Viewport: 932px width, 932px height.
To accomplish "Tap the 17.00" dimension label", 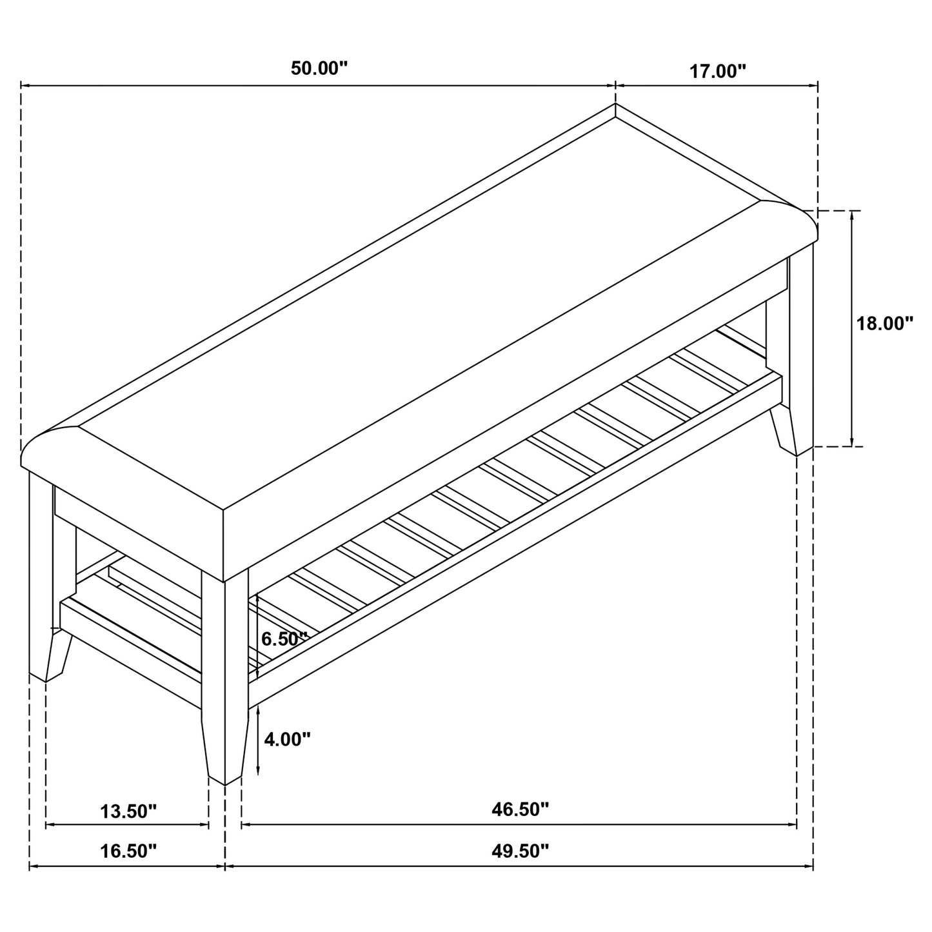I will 717,71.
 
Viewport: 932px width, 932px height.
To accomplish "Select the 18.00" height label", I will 884,323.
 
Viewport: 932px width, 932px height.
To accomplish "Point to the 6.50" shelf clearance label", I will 284,639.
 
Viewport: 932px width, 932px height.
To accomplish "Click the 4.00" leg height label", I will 287,739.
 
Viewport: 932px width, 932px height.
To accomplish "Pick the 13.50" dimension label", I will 128,811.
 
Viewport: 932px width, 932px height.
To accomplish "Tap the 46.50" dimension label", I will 520,809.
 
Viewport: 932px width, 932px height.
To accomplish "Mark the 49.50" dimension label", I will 520,851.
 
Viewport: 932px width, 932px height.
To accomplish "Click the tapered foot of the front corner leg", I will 224,751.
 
